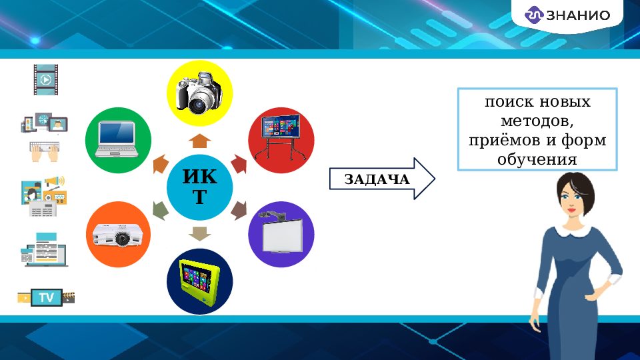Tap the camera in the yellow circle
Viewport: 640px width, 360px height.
click(199, 93)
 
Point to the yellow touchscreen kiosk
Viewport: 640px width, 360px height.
click(199, 281)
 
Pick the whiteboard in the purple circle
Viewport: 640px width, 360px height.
click(281, 233)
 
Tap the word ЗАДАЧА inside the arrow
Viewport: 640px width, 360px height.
click(377, 179)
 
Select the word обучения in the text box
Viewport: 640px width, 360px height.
click(537, 160)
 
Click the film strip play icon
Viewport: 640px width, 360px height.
click(45, 79)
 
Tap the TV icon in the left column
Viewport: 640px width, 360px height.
click(46, 297)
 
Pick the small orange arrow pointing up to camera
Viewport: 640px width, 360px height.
click(199, 141)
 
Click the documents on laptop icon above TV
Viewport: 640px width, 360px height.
click(45, 250)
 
